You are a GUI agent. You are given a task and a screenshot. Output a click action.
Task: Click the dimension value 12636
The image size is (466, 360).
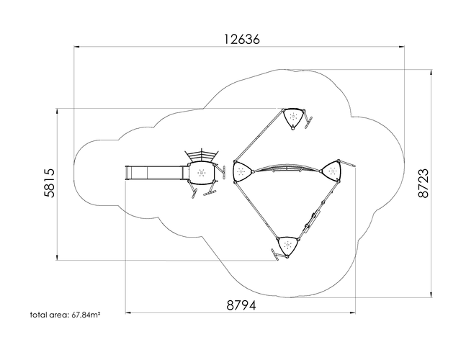click(241, 39)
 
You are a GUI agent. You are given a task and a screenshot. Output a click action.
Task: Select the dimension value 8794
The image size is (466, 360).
click(241, 305)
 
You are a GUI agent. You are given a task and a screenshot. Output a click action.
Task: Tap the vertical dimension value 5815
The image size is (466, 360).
click(50, 183)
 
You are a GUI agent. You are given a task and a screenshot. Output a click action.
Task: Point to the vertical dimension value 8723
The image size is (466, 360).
click(424, 183)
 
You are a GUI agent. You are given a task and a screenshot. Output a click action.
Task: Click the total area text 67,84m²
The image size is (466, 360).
click(86, 315)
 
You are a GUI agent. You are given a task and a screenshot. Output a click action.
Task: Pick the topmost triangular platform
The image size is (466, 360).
click(294, 119)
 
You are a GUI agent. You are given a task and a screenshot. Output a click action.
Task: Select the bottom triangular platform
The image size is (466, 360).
click(287, 246)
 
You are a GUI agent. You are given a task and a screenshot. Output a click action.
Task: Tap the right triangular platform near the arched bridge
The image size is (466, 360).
click(331, 171)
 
